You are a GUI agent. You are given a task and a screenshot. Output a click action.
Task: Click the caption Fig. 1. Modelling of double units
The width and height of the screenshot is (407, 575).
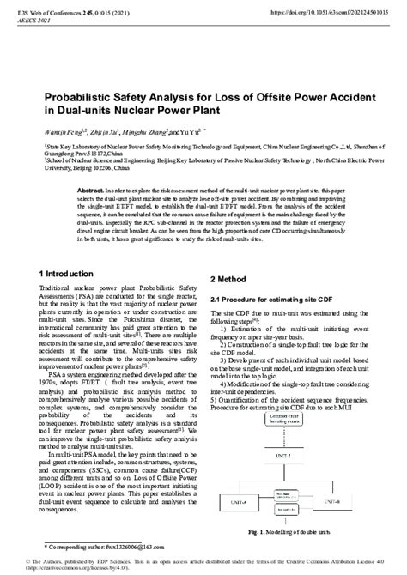[292, 532]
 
